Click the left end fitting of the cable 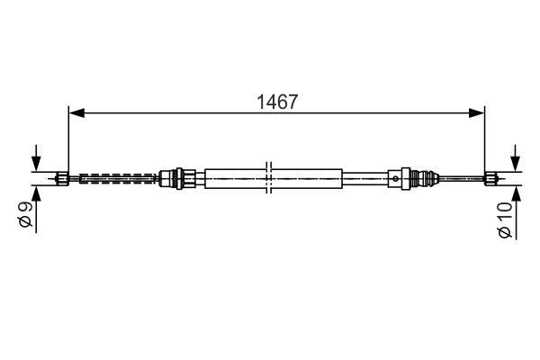(x=62, y=177)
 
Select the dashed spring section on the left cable (x=117, y=177)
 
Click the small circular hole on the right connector (x=397, y=178)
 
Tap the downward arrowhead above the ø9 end (x=37, y=164)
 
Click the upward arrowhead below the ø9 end (x=37, y=191)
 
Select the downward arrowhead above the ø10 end (x=515, y=164)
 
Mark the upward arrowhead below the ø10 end (x=515, y=192)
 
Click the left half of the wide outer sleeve (x=236, y=177)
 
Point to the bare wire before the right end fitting (x=463, y=177)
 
